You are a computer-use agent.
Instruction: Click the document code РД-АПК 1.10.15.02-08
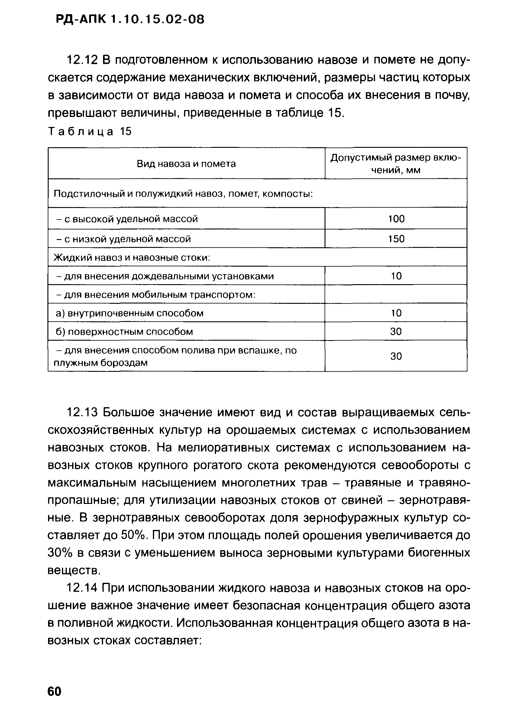tap(130, 20)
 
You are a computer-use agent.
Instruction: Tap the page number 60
tap(54, 691)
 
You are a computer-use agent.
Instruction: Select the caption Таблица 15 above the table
tap(90, 131)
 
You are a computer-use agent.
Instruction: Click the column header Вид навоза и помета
tap(186, 164)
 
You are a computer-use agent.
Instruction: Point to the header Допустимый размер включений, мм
tap(396, 164)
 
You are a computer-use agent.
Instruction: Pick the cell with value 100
tap(396, 219)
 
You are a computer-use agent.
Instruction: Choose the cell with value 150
tap(396, 239)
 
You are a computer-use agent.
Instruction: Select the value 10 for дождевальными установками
tap(396, 276)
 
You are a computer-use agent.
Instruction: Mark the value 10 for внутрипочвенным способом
tap(396, 313)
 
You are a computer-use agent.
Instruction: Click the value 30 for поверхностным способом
tap(396, 331)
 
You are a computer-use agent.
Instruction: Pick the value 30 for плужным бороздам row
tap(396, 356)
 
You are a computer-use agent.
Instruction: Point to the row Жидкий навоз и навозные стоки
tap(132, 258)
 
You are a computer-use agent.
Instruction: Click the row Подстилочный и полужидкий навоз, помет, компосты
tap(183, 193)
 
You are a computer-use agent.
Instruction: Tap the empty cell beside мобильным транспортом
tap(396, 294)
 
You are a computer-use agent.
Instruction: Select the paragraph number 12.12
tap(83, 60)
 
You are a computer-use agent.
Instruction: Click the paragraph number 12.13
tap(83, 412)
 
